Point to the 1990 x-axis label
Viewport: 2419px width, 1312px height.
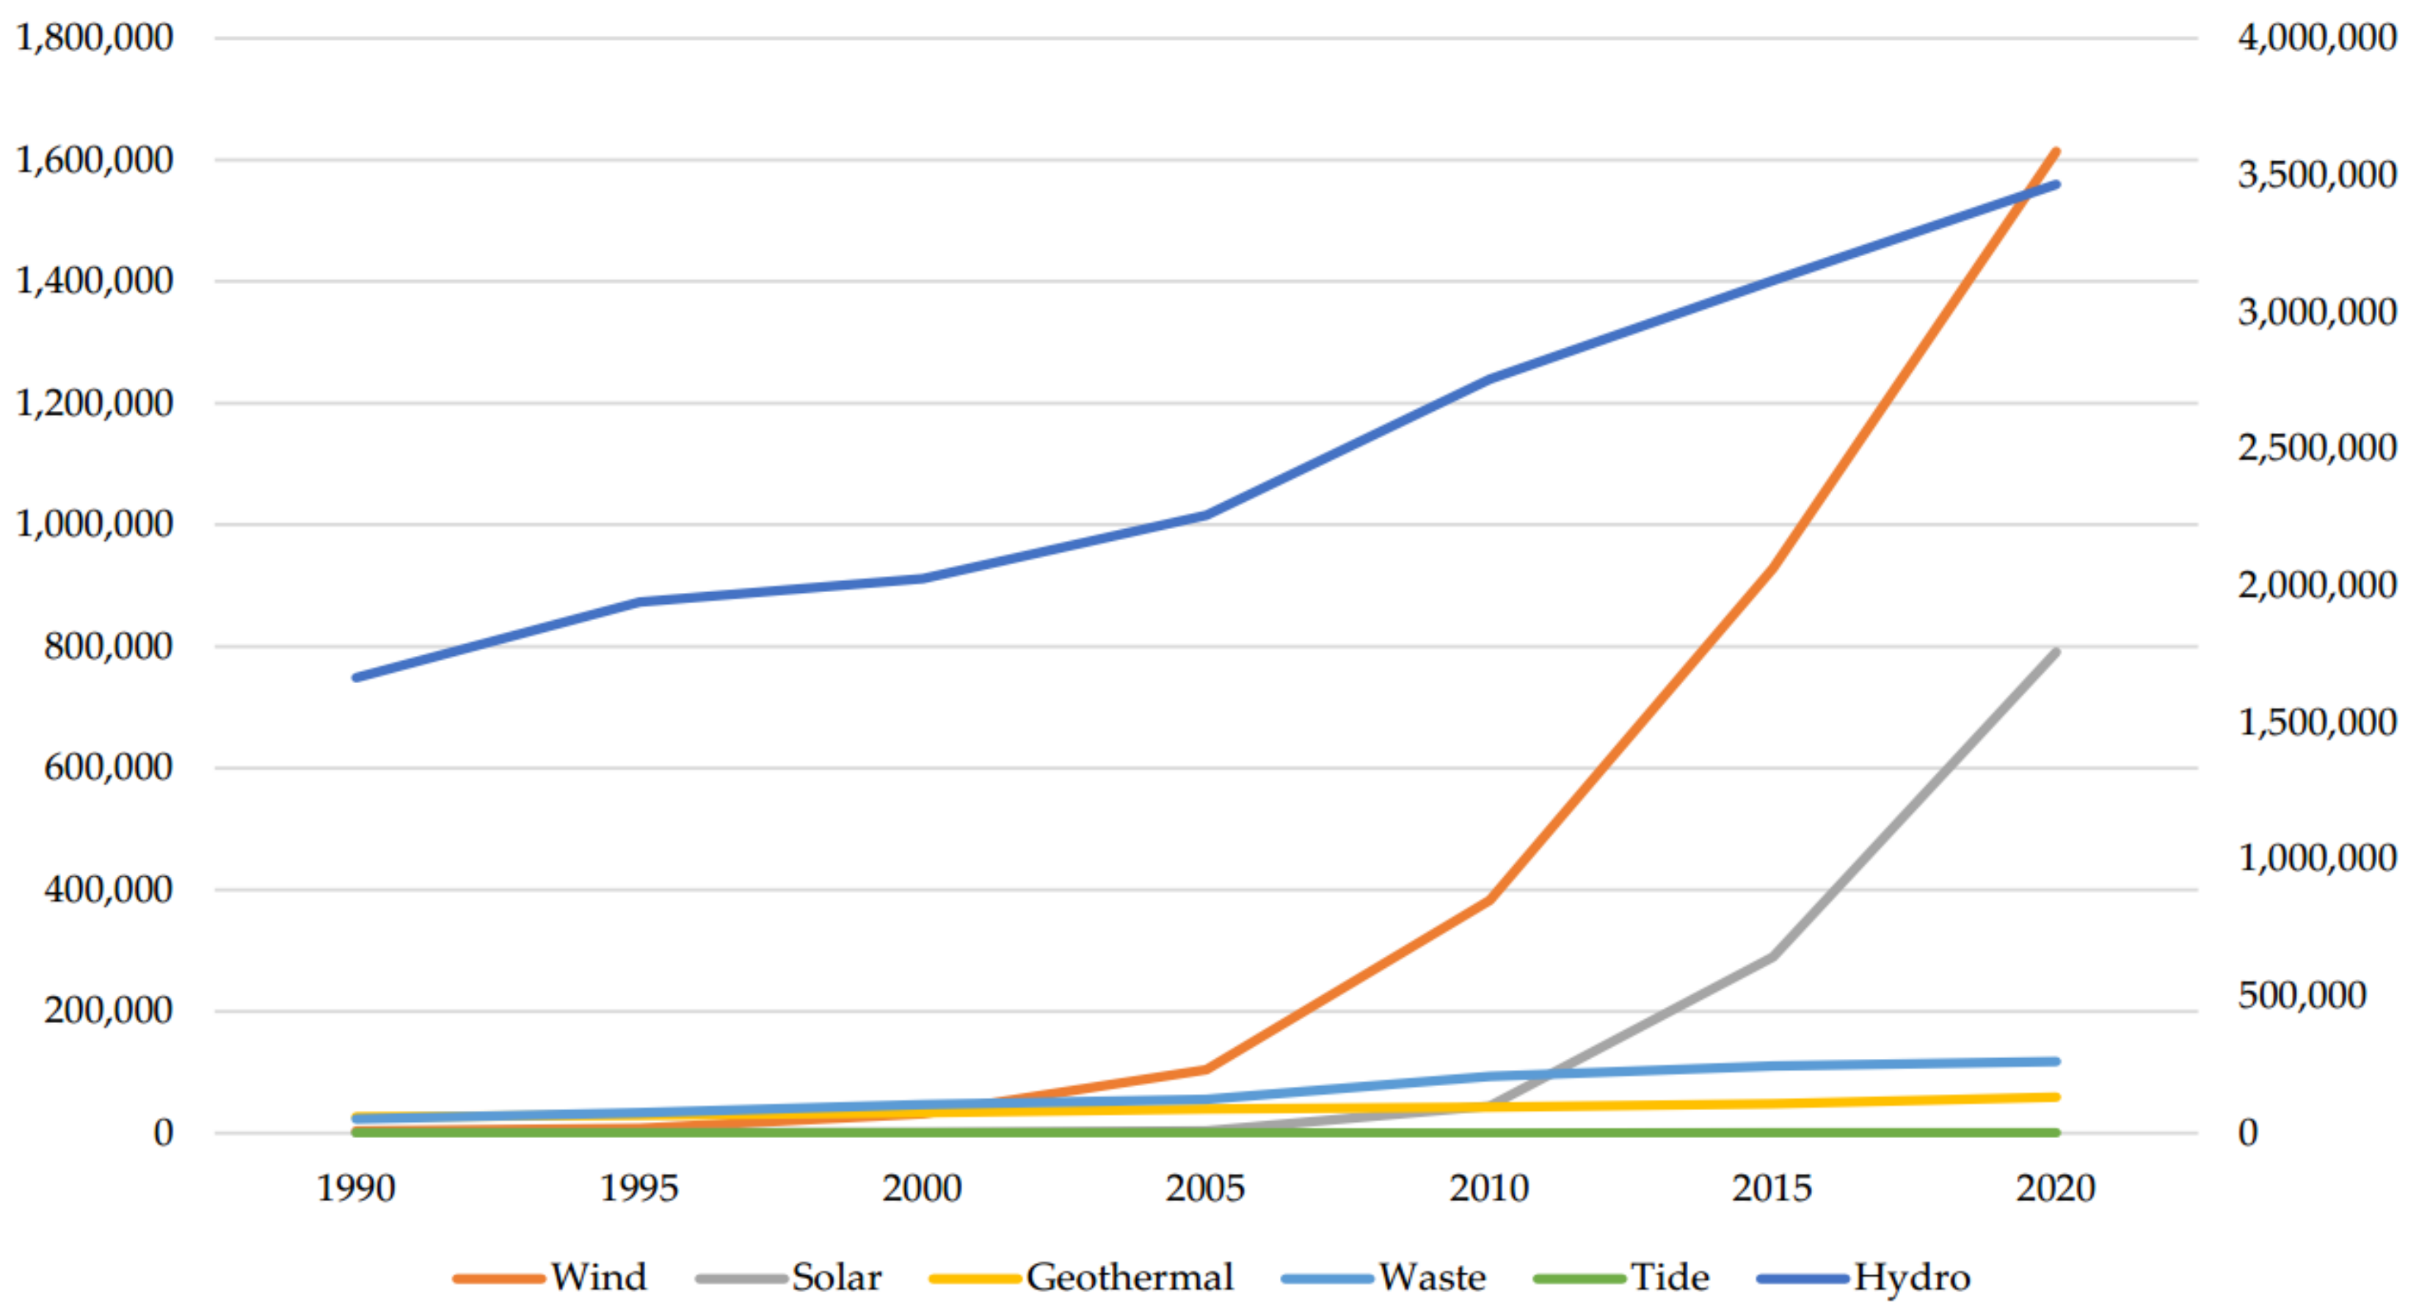[x=356, y=1189]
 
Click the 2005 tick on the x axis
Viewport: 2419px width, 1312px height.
[x=1205, y=1189]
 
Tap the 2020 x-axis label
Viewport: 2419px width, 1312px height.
[x=2055, y=1189]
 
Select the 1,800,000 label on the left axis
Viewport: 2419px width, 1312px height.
[x=95, y=37]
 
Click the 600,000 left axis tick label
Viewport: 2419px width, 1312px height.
[x=108, y=768]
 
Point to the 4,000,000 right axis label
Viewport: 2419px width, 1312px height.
[x=2317, y=37]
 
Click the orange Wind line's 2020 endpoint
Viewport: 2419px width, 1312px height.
[x=2056, y=151]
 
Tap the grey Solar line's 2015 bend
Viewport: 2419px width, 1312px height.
[x=1771, y=957]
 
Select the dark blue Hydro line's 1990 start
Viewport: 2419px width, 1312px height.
[x=356, y=677]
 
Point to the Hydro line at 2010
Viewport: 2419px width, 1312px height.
[x=1489, y=379]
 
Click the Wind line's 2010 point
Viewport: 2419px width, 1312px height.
[x=1489, y=900]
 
